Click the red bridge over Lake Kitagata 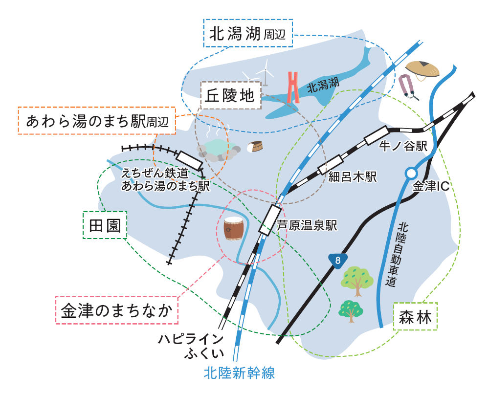(293, 88)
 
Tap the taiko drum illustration (233, 229)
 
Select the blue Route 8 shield (338, 260)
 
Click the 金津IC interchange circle (411, 173)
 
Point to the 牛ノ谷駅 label (403, 146)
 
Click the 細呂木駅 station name (353, 177)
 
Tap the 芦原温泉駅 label (307, 225)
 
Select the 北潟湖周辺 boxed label (248, 33)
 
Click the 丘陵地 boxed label (230, 95)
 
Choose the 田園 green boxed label (105, 225)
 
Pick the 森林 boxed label (415, 316)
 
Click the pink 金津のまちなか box (117, 310)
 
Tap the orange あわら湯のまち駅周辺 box (97, 121)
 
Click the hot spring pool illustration (219, 150)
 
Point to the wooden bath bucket (255, 147)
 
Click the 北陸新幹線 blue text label (239, 373)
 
